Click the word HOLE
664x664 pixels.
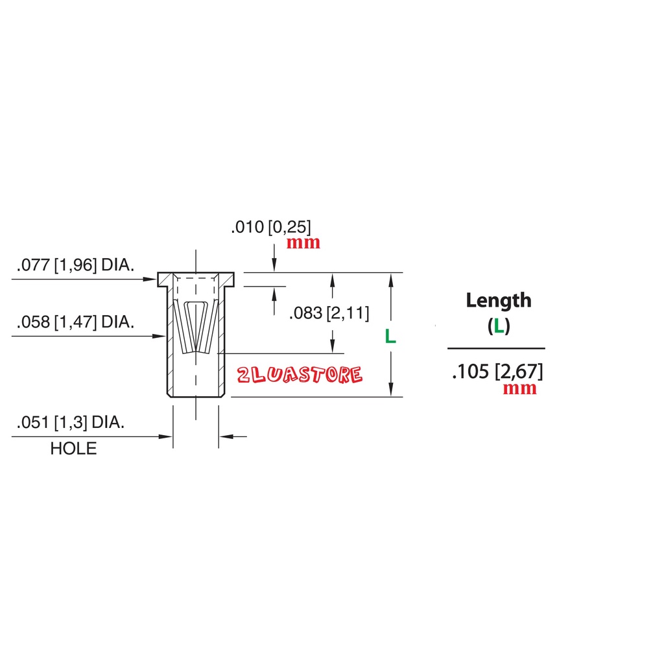pos(73,449)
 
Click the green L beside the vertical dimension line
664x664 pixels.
pos(390,337)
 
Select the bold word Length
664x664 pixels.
pos(499,301)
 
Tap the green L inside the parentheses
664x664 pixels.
pos(499,326)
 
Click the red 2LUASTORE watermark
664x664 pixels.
pos(300,375)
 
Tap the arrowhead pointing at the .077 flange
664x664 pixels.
pos(150,279)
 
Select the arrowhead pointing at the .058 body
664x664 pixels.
pos(159,337)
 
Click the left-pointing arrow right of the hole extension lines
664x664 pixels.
pos(233,436)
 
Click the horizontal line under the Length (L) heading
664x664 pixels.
pos(496,348)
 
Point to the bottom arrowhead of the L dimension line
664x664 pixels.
pos(391,390)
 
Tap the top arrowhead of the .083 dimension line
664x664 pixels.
pos(333,280)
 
